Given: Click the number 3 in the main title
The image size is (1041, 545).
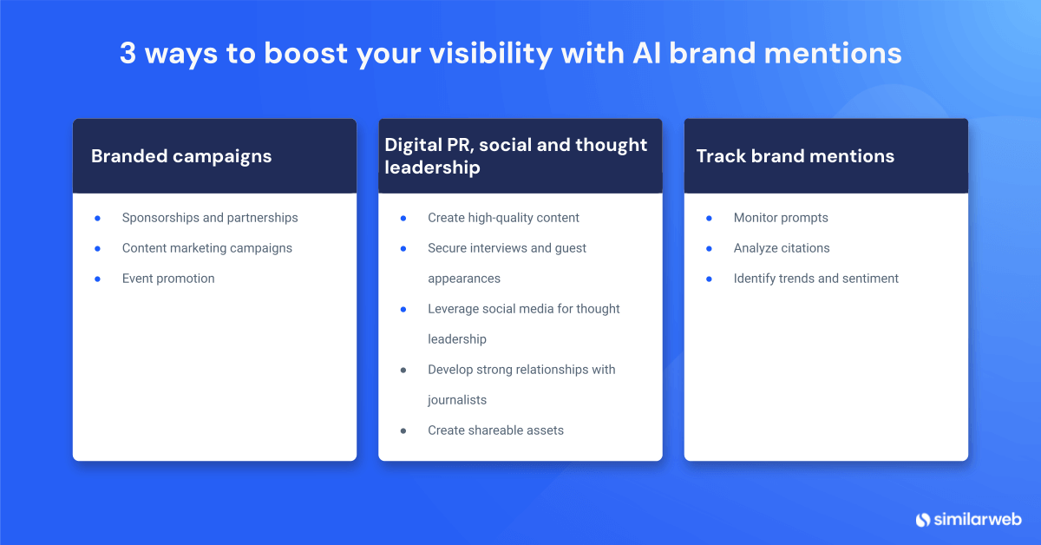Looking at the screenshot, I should pyautogui.click(x=128, y=54).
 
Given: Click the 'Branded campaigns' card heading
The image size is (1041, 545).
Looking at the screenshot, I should pyautogui.click(x=181, y=156).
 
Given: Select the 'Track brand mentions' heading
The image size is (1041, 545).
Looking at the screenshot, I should pyautogui.click(x=795, y=156).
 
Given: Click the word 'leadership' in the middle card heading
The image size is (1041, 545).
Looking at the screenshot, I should pyautogui.click(x=432, y=167).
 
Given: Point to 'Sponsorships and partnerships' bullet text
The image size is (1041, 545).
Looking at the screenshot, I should pyautogui.click(x=210, y=218).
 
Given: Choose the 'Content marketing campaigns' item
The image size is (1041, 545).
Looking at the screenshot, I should pyautogui.click(x=206, y=248).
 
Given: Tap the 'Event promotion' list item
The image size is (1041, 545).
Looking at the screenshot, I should pyautogui.click(x=168, y=279).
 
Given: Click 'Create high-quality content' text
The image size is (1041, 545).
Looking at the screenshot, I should pyautogui.click(x=503, y=218).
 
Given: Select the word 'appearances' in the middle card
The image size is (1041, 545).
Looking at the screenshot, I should pyautogui.click(x=464, y=279).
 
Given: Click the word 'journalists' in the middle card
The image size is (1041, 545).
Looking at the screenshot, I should pyautogui.click(x=457, y=400).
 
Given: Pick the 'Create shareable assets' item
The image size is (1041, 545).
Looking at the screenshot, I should pyautogui.click(x=495, y=430).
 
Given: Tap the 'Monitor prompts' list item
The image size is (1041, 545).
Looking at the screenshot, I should pyautogui.click(x=781, y=218).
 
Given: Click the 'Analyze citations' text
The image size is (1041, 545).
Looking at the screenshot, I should pyautogui.click(x=782, y=248).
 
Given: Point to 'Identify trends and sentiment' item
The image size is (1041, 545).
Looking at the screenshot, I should pyautogui.click(x=815, y=279).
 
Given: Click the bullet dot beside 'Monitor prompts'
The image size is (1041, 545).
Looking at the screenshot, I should pyautogui.click(x=709, y=218).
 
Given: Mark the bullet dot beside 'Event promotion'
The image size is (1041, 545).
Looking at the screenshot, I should pyautogui.click(x=98, y=279).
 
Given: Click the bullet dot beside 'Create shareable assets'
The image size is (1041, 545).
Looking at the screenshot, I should pyautogui.click(x=403, y=430).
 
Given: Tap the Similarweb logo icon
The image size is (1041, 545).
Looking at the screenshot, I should pyautogui.click(x=923, y=519).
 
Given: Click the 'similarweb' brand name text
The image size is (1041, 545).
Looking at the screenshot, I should pyautogui.click(x=978, y=519).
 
